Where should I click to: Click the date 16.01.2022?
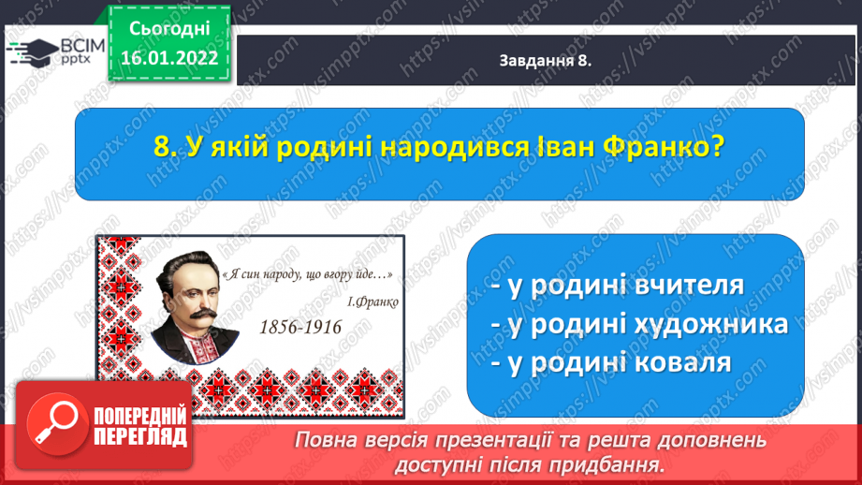pos(169,58)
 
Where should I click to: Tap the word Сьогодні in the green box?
pos(169,29)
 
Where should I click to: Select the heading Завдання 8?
pos(546,61)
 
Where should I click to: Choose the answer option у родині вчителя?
pos(618,286)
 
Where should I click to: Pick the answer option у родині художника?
pos(639,325)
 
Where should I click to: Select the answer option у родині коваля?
pos(611,363)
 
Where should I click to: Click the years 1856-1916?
pos(300,327)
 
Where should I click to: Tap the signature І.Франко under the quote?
pos(373,301)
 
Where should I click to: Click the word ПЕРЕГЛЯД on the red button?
pos(140,437)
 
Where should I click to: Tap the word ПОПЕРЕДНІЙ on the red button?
pos(140,417)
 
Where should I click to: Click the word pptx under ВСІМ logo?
pos(76,59)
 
